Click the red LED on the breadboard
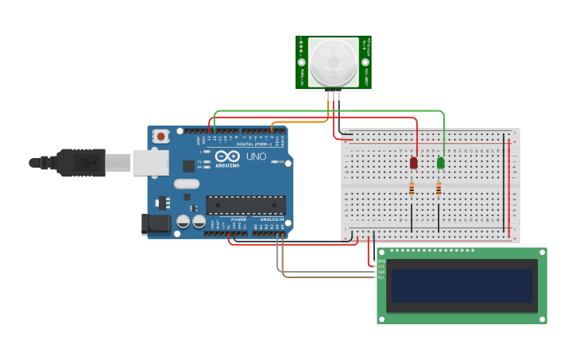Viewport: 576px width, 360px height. tap(413, 162)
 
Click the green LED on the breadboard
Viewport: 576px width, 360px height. tap(441, 162)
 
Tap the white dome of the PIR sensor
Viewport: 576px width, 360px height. tap(334, 62)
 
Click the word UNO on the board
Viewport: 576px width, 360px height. tap(257, 157)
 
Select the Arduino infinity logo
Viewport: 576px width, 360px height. tap(226, 157)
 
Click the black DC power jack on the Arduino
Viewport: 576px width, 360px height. tap(156, 224)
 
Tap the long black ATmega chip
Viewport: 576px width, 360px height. tap(245, 205)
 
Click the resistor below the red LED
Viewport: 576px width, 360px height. tap(412, 189)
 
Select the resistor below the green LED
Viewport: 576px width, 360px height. tap(439, 189)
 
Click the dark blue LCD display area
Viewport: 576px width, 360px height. tap(462, 285)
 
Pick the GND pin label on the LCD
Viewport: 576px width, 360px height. tap(381, 261)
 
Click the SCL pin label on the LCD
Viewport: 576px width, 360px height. tap(381, 277)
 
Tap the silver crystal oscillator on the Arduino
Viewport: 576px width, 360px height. tap(187, 184)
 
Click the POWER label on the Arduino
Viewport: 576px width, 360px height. tap(238, 219)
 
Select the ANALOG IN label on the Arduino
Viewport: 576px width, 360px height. tap(269, 219)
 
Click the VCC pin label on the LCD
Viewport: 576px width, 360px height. tap(381, 266)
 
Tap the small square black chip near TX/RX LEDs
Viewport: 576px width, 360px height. tap(188, 165)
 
